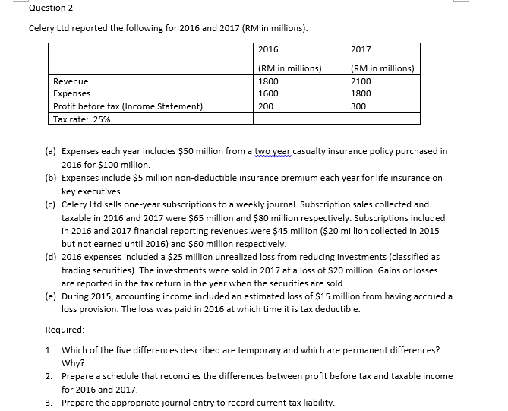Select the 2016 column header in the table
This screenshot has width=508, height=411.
[x=268, y=49]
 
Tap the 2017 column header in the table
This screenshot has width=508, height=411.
[x=361, y=49]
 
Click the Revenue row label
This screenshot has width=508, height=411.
[x=71, y=81]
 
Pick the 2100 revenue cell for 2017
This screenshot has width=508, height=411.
[x=361, y=81]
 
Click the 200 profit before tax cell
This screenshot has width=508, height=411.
[x=266, y=107]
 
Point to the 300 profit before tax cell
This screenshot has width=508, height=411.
[x=358, y=107]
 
